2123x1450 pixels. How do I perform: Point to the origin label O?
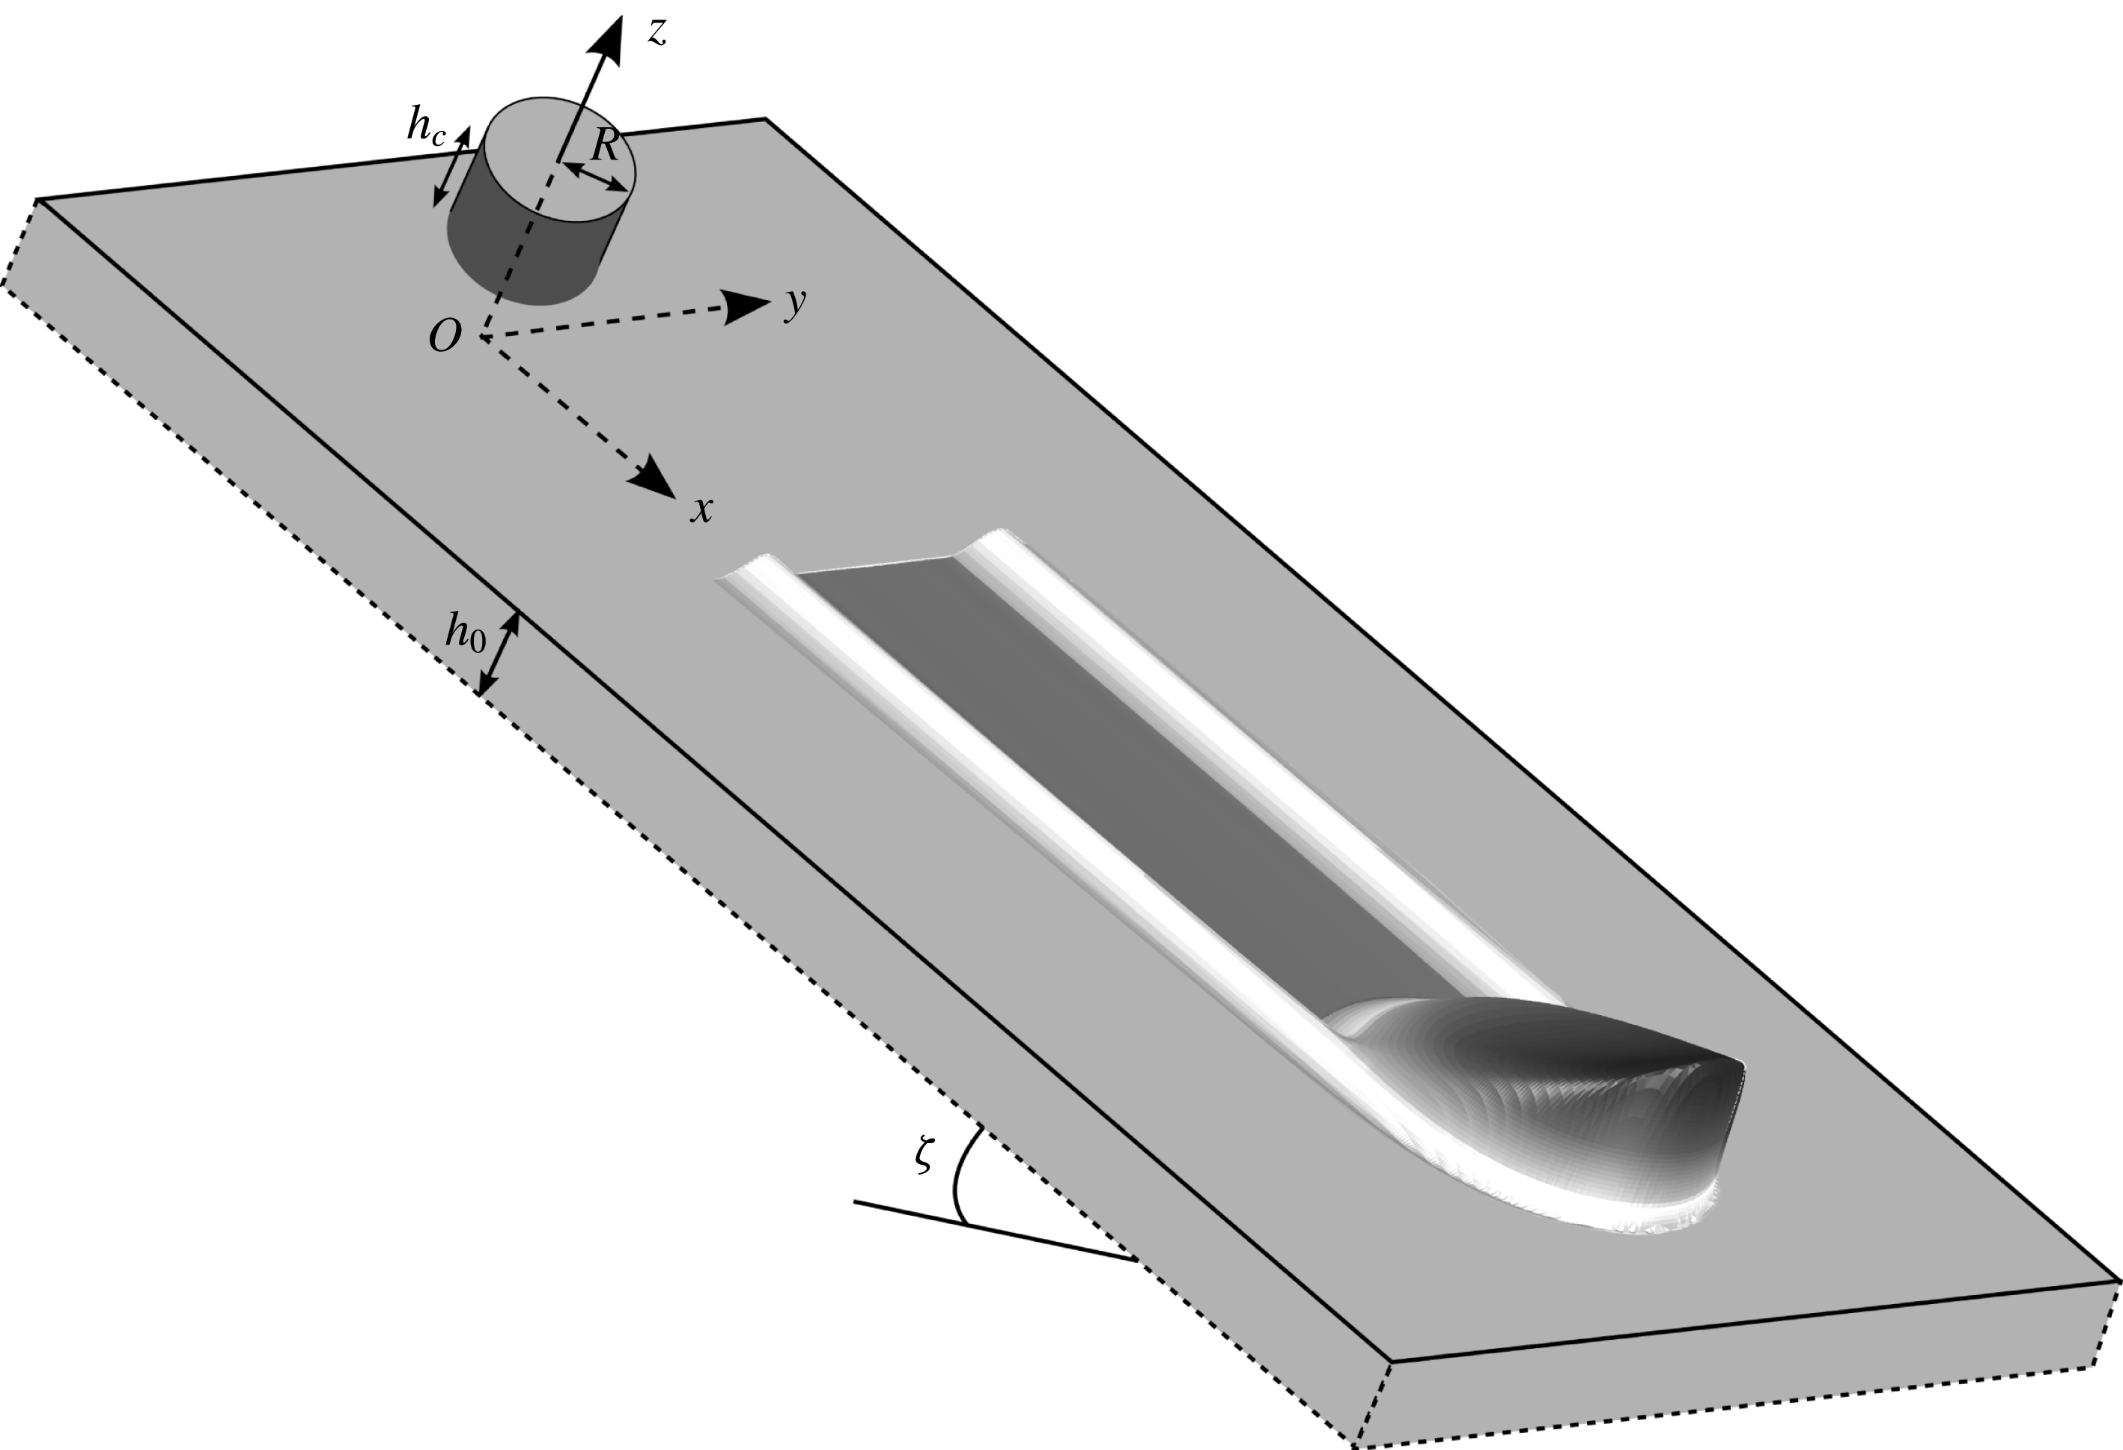click(x=444, y=338)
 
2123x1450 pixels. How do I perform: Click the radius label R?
click(x=605, y=144)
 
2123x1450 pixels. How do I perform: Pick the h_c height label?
click(x=426, y=128)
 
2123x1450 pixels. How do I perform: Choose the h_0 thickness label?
click(x=465, y=630)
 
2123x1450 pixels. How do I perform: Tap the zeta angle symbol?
click(x=925, y=1156)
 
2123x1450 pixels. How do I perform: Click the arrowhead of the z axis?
click(x=606, y=41)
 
